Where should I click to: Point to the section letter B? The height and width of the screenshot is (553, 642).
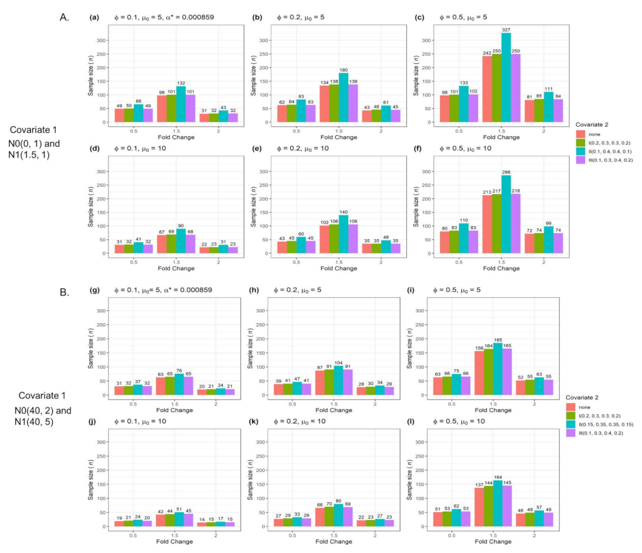pyautogui.click(x=65, y=292)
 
